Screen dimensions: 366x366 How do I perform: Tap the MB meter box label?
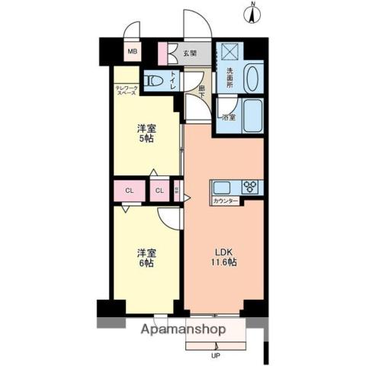pos(132,52)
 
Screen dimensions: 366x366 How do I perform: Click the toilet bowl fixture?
pos(154,79)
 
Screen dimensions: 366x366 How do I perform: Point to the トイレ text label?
pos(173,79)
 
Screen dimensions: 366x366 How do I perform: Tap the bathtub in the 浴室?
pos(252,116)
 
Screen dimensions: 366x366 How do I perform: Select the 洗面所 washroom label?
pos(230,79)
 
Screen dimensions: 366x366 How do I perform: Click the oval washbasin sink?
pos(254,77)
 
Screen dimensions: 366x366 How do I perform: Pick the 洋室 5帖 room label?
pos(147,133)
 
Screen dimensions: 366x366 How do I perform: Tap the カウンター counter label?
pos(226,201)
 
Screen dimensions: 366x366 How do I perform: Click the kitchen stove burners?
pos(251,186)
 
